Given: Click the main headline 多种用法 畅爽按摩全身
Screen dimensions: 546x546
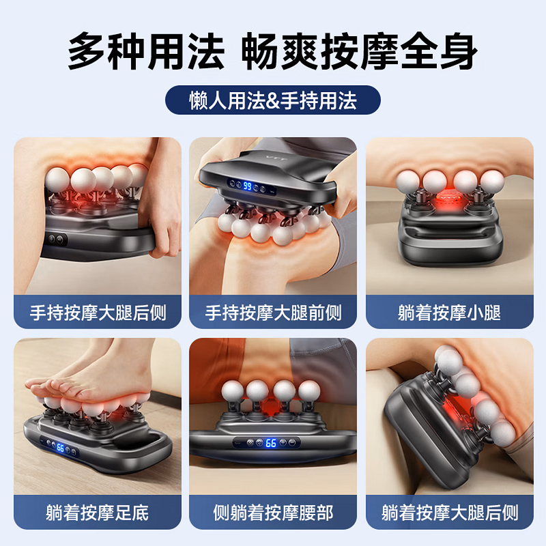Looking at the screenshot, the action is pos(272,51).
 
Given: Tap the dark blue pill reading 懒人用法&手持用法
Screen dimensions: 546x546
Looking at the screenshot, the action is pos(272,100).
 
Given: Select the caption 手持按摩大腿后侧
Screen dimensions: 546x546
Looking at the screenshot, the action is pos(98,313).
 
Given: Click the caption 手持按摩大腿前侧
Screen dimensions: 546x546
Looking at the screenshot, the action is pos(273,313).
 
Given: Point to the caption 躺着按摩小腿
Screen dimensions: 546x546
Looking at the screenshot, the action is pos(449,313).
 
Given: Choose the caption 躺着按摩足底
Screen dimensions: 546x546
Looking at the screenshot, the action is pos(98,513).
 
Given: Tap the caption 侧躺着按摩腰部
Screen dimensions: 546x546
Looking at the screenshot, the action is pos(273,513).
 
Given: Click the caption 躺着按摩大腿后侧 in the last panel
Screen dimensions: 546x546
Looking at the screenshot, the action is pos(450,513).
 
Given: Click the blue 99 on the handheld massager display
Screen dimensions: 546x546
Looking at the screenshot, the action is pos(247,186).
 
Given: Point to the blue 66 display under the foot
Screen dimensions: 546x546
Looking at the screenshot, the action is pos(61,448).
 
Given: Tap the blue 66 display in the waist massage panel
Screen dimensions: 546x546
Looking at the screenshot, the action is pos(270,443).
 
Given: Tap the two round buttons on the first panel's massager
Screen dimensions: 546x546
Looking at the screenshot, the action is pos(56,240).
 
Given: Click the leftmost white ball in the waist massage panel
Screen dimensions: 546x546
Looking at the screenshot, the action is pos(232,390).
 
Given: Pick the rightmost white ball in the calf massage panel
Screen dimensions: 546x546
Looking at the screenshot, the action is pos(492,181).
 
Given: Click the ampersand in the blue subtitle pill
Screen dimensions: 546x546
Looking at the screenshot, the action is pos(272,101).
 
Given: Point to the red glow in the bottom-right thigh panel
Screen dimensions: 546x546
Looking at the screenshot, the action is pos(452,411).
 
